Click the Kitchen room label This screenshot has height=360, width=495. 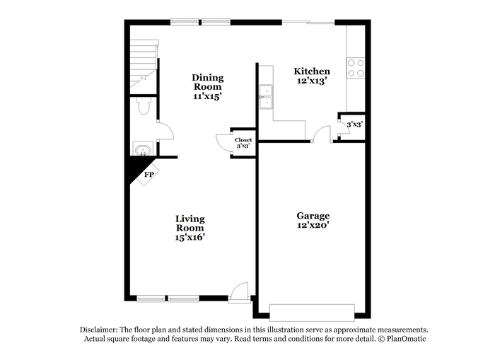[x=312, y=71]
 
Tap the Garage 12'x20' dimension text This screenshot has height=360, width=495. [x=313, y=225]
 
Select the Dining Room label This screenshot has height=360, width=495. [x=207, y=82]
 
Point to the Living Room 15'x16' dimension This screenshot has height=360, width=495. [x=190, y=237]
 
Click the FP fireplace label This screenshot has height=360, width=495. [x=148, y=174]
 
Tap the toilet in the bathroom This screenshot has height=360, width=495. [x=144, y=106]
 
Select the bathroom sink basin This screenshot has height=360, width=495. [x=144, y=149]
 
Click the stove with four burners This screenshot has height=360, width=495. [x=356, y=68]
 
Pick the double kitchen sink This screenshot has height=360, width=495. [x=266, y=97]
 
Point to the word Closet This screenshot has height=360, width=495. [x=243, y=140]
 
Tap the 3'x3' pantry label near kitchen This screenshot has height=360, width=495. [x=354, y=124]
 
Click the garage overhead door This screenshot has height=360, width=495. [x=312, y=313]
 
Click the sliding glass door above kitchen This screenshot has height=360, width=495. [x=308, y=22]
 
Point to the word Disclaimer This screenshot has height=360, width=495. [x=99, y=330]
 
